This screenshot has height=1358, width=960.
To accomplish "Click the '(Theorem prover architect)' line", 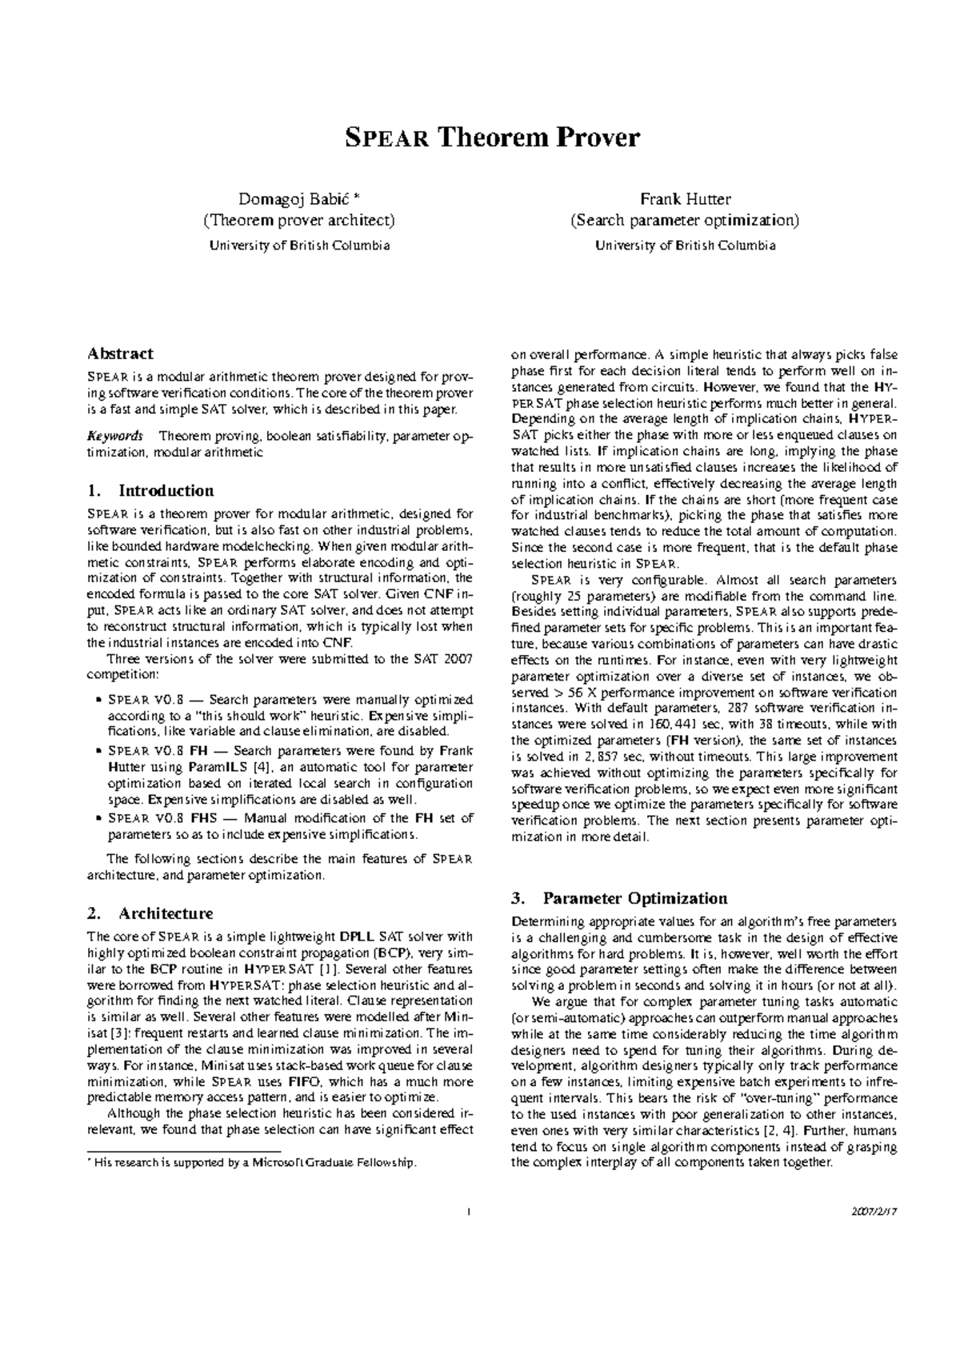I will click(299, 220).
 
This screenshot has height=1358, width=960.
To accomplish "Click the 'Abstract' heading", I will click(120, 353).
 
